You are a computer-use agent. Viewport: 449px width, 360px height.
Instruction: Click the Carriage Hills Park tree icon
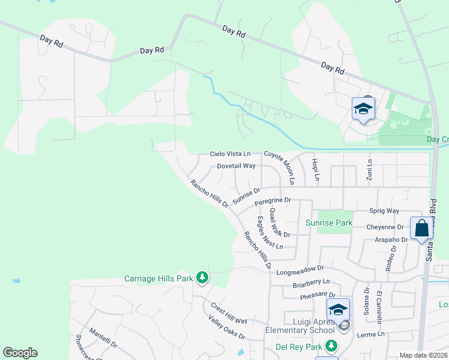point(203,277)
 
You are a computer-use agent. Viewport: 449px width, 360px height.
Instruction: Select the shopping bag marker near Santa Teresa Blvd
point(421,229)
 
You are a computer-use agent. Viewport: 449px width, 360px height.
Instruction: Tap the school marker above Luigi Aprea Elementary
point(338,310)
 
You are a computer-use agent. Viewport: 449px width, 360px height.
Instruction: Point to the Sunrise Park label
point(329,223)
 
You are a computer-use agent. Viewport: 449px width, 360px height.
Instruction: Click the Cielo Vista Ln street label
point(229,154)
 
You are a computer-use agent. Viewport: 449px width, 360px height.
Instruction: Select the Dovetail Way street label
point(237,166)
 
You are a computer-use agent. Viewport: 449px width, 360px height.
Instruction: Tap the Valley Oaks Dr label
point(227,328)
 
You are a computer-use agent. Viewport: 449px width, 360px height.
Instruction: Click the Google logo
point(20,353)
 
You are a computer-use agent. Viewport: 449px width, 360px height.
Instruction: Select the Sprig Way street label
point(385,211)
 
